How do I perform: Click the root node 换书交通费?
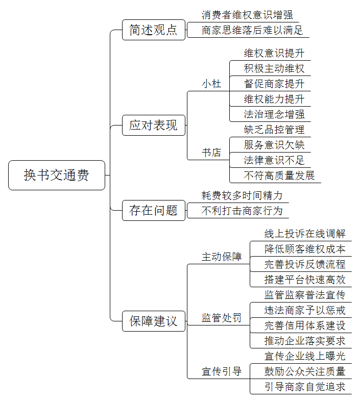coord(57,175)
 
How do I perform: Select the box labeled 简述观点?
coord(153,30)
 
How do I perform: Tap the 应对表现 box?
coord(153,125)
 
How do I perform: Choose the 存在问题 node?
coord(153,211)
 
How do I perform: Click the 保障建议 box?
coord(153,321)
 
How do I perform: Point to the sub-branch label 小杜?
coord(211,84)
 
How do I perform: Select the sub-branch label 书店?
coord(211,153)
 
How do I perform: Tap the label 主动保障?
coord(222,257)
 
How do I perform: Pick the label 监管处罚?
coord(222,318)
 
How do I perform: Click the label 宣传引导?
coord(222,371)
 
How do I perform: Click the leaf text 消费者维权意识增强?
coord(247,15)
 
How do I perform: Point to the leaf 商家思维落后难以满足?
coord(252,30)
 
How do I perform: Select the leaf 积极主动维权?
coord(274,68)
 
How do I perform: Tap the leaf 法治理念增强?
coord(274,114)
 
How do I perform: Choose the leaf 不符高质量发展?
coord(279,175)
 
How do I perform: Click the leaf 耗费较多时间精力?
coord(242,195)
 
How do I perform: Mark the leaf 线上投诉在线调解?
coord(305,234)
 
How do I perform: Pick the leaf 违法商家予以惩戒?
coord(305,310)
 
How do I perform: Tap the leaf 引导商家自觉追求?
coord(305,387)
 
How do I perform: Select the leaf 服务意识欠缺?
coord(274,145)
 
